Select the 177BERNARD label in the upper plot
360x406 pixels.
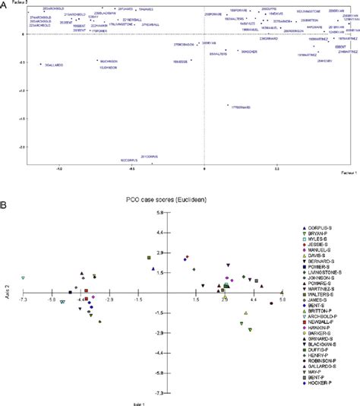(240, 107)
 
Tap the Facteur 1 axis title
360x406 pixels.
(346, 172)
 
